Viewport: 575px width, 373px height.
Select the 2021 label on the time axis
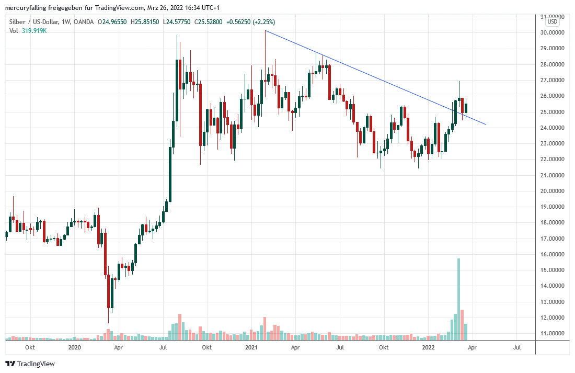click(251, 347)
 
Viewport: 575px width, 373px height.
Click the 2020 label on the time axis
click(75, 347)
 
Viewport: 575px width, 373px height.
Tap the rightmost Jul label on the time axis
click(517, 347)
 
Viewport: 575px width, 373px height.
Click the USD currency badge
click(553, 21)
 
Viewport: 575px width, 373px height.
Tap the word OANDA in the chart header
click(84, 22)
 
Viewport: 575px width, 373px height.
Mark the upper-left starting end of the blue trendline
click(266, 31)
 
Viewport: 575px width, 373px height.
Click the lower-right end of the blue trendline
click(486, 124)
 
